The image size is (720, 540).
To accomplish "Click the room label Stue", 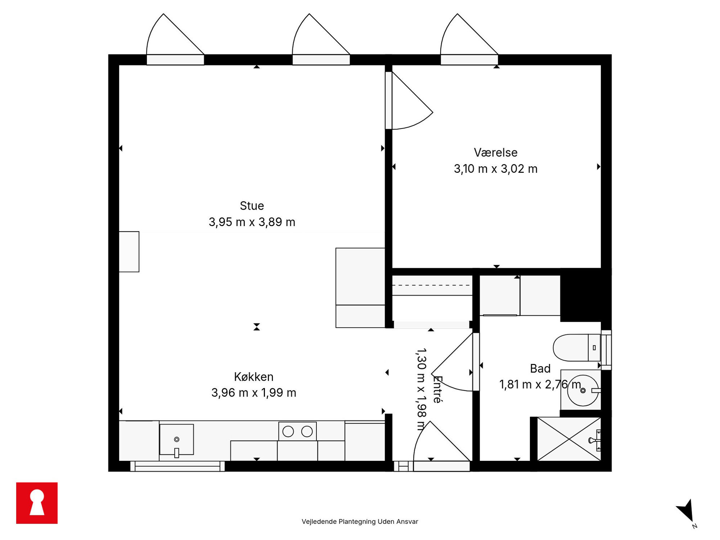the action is click(x=252, y=206).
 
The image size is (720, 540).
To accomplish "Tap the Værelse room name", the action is click(x=496, y=152).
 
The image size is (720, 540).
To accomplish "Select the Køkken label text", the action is click(x=254, y=377).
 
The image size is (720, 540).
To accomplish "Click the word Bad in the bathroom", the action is click(x=540, y=368).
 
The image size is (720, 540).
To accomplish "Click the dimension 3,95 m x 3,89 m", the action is click(x=252, y=222).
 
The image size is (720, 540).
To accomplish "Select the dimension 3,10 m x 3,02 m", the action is click(x=496, y=169).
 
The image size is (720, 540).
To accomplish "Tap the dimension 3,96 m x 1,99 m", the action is click(x=254, y=393).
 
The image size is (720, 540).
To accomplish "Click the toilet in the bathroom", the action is click(x=577, y=348).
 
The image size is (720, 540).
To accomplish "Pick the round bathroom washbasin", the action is click(x=583, y=390).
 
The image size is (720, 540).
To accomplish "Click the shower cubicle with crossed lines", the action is click(x=569, y=439).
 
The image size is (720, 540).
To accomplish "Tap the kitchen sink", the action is click(x=176, y=439).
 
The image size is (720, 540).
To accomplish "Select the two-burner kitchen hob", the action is click(x=298, y=431).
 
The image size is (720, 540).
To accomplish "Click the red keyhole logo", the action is click(x=37, y=503).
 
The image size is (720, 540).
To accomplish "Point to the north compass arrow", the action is click(x=686, y=511).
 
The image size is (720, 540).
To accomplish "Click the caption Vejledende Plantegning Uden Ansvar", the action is click(x=360, y=521).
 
